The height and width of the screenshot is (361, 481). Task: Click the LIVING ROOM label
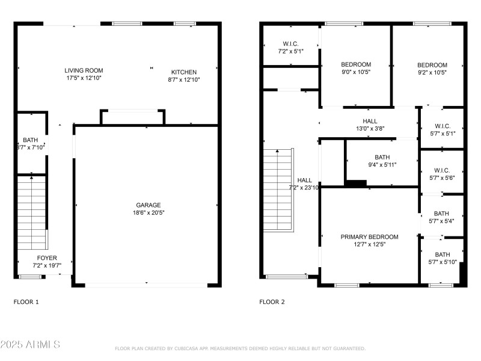tap(84, 70)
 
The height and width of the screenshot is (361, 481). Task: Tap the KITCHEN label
tap(183, 72)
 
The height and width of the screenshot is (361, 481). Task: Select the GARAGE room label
tap(147, 205)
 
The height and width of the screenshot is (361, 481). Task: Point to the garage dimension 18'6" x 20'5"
tap(147, 212)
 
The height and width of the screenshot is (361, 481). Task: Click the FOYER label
tap(47, 258)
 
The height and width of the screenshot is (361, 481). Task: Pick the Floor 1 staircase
tap(31, 212)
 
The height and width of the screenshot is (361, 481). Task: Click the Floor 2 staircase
tap(278, 190)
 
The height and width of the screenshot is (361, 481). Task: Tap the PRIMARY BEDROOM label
tap(369, 237)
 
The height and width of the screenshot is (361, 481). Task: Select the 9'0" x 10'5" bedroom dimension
tap(356, 72)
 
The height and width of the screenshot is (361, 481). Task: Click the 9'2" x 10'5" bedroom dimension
tap(432, 72)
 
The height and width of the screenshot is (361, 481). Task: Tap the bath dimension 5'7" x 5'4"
tap(441, 220)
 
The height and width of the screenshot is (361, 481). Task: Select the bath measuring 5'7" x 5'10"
tap(441, 262)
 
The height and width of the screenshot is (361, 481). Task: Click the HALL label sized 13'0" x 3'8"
tap(370, 121)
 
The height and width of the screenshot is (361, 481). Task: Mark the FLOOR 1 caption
tap(26, 302)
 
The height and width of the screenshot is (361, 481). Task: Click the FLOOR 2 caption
tap(272, 302)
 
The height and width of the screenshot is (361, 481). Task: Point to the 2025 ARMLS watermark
tap(30, 345)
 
